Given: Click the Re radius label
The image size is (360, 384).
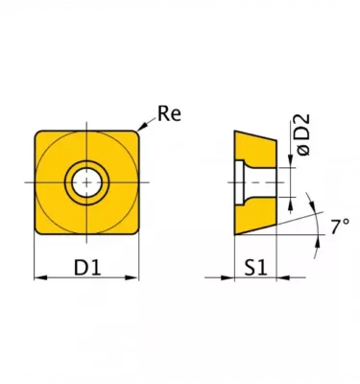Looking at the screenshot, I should click(x=170, y=115).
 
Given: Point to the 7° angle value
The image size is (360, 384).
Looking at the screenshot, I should click(x=340, y=228).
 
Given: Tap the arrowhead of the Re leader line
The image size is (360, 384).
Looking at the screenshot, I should click(x=141, y=128).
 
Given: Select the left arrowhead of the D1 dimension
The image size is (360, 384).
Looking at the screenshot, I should click(x=39, y=279).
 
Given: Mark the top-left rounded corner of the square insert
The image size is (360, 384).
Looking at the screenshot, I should click(x=40, y=134).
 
